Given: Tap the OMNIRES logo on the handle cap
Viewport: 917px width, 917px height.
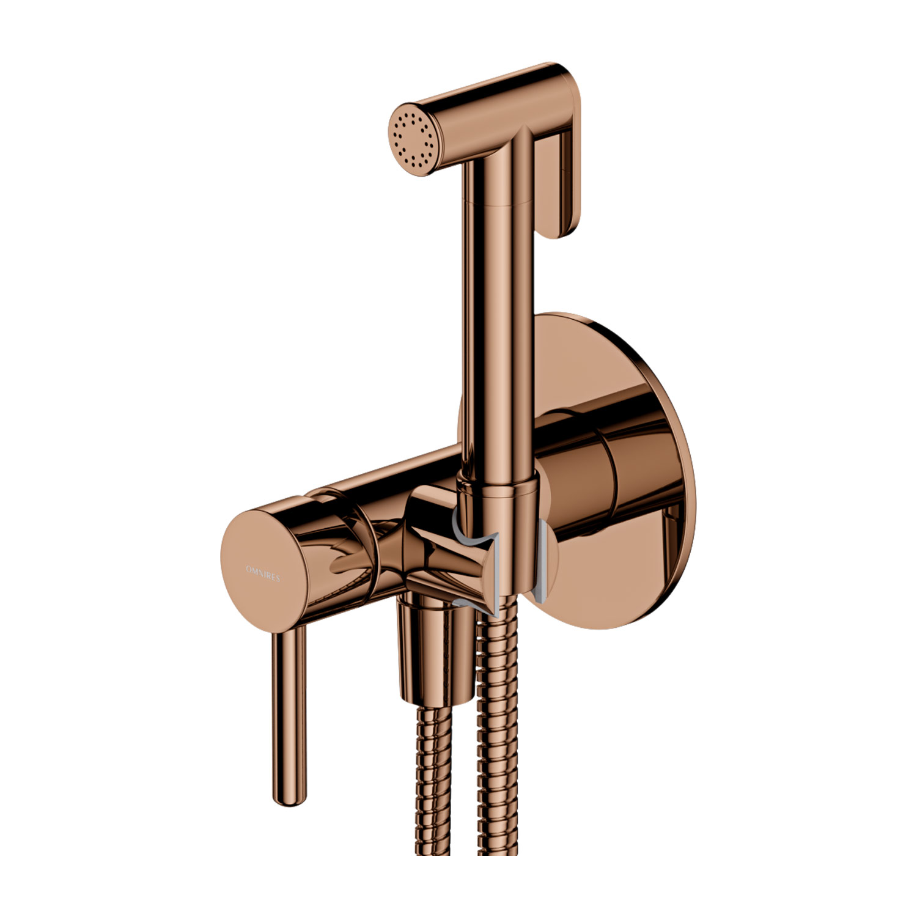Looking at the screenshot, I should click(262, 573).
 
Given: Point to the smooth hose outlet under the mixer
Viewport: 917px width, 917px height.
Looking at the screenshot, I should click(428, 660).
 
